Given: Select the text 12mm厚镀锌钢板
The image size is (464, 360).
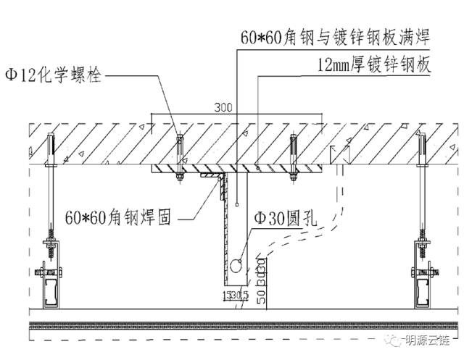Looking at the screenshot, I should tap(374, 64).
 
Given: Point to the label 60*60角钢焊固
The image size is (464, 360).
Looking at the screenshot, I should tap(118, 217).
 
